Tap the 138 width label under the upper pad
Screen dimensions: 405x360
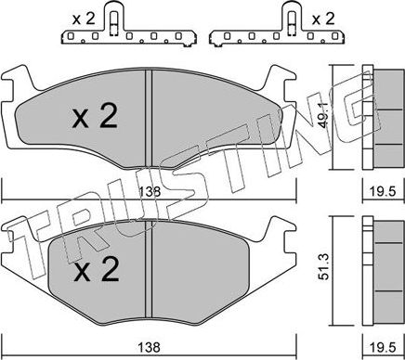[x=150, y=192]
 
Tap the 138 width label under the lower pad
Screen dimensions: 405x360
[x=150, y=347]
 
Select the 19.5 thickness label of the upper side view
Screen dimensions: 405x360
[x=384, y=192]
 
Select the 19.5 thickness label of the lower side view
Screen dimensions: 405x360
[x=384, y=348]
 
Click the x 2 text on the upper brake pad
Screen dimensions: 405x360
[x=95, y=116]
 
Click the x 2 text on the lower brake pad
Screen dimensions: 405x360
[x=97, y=269]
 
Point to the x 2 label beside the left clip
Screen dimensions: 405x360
[x=84, y=19]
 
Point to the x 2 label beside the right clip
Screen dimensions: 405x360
[x=323, y=19]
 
